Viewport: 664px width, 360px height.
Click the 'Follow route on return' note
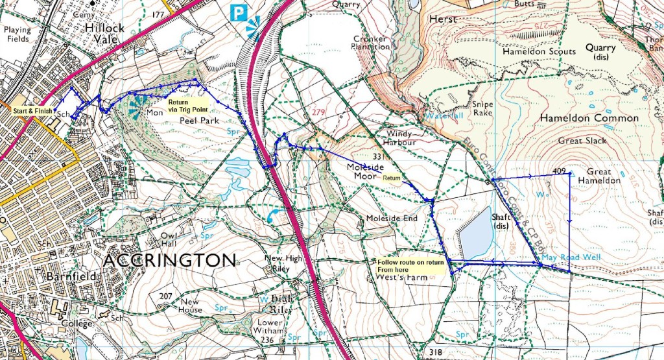[x=411, y=265]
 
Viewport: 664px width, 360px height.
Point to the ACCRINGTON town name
[x=169, y=261]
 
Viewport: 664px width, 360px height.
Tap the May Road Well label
[x=571, y=258]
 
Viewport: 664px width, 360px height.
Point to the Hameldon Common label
[x=589, y=119]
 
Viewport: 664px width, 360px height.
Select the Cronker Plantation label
[x=370, y=43]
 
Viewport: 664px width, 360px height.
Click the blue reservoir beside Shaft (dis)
[x=476, y=233]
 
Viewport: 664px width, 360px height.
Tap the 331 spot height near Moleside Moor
[x=380, y=157]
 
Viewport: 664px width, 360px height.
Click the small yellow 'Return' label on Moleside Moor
[x=392, y=177]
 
